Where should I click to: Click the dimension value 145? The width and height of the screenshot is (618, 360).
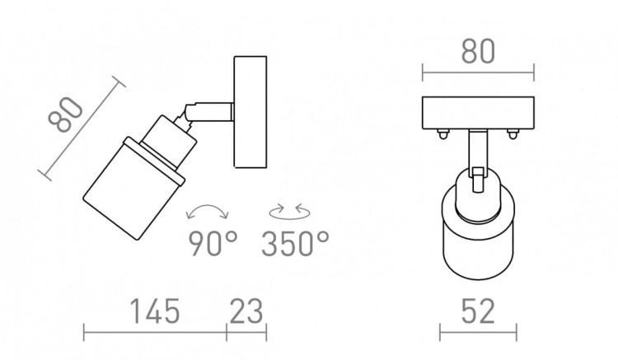click(155, 311)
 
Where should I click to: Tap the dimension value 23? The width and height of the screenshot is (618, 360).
click(246, 311)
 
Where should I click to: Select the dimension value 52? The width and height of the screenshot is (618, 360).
click(478, 311)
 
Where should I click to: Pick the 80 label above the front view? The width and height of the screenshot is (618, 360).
click(478, 52)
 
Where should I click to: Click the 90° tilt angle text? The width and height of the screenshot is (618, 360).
click(213, 243)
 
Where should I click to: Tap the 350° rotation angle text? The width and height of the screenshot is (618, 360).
click(295, 243)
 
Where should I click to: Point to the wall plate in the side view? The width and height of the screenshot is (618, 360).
click(250, 112)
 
